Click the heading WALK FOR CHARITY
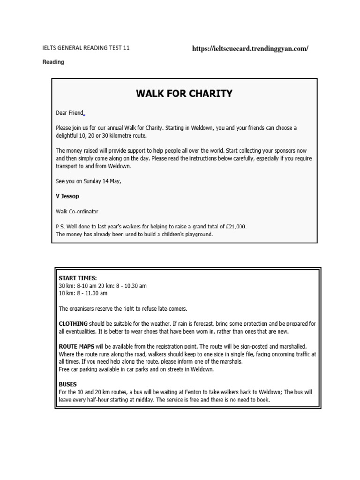(x=184, y=93)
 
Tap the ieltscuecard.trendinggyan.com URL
(x=250, y=49)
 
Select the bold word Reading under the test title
(x=53, y=62)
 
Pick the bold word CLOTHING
(x=73, y=323)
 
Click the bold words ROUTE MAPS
(x=76, y=346)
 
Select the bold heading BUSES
(x=67, y=384)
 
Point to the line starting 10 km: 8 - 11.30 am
(x=83, y=293)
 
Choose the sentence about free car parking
(x=136, y=369)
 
